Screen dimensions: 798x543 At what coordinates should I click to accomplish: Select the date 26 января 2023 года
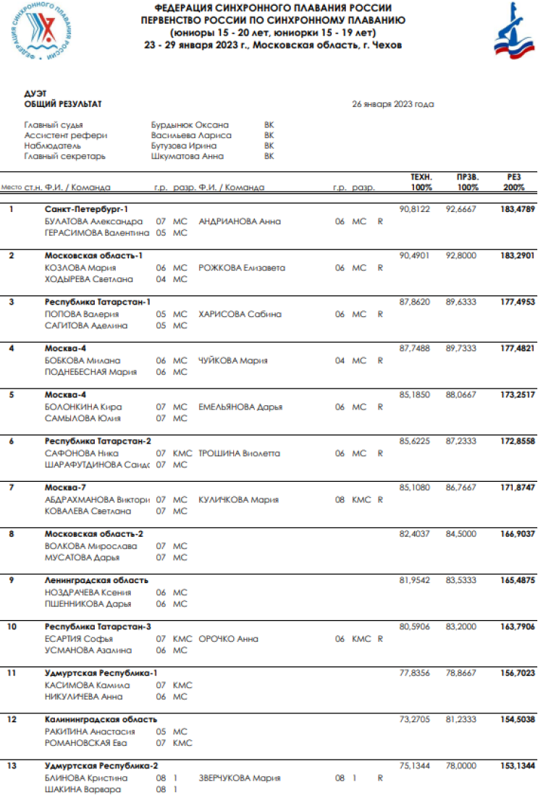pos(393,104)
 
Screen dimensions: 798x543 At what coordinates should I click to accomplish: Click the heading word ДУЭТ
pos(35,94)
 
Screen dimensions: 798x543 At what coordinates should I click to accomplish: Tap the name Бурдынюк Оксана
pos(190,124)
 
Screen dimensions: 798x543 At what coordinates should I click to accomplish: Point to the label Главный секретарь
pos(65,156)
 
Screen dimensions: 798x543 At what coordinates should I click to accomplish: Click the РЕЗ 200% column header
pos(514,182)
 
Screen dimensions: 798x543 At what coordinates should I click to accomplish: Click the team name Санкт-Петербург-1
pos(86,209)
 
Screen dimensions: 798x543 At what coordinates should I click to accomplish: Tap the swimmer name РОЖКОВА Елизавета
pos(242,268)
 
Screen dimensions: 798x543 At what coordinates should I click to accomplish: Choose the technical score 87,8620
pos(415,302)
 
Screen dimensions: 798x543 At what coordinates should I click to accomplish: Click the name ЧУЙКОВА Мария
pos(233,360)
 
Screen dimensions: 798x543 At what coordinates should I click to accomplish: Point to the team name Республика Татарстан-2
pos(98,441)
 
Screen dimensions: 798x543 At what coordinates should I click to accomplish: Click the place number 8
pos(11,534)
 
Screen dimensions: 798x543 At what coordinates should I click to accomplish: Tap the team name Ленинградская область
pos(96,580)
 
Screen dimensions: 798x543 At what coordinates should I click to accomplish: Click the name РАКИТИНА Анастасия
pos(90,731)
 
